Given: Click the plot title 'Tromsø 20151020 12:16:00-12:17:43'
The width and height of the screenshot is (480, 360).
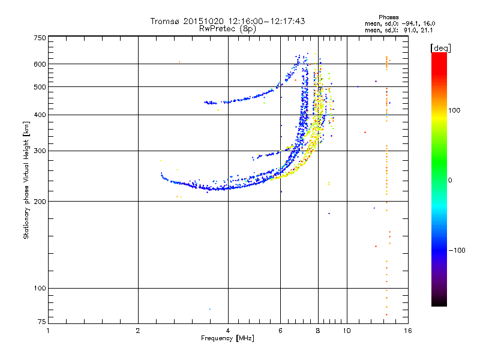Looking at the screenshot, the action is pyautogui.click(x=227, y=21).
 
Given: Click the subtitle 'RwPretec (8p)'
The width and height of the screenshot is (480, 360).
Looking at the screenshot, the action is pyautogui.click(x=227, y=29).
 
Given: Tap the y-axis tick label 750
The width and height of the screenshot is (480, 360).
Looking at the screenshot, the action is pyautogui.click(x=40, y=38).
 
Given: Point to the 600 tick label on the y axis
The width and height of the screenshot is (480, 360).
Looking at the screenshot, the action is pyautogui.click(x=40, y=64).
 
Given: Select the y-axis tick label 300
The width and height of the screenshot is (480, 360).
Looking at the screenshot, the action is pyautogui.click(x=40, y=151).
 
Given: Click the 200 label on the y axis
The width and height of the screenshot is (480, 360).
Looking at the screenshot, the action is pyautogui.click(x=40, y=202).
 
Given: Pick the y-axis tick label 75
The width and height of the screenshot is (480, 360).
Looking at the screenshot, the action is pyautogui.click(x=42, y=322).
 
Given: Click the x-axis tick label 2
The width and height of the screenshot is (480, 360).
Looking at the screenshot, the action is pyautogui.click(x=138, y=331).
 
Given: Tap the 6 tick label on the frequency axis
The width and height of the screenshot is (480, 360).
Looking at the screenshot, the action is pyautogui.click(x=280, y=331).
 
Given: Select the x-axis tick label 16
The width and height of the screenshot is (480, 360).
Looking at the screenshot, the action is pyautogui.click(x=408, y=331).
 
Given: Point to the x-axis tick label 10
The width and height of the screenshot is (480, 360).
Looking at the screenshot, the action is pyautogui.click(x=347, y=331).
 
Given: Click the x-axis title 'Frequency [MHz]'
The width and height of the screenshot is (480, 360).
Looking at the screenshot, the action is pyautogui.click(x=227, y=338).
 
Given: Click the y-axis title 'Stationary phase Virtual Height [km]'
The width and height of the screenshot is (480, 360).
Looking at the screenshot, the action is pyautogui.click(x=26, y=180).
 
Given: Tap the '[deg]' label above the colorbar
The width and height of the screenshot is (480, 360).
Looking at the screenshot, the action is pyautogui.click(x=441, y=49).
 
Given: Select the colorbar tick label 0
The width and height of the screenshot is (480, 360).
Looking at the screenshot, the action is pyautogui.click(x=450, y=181).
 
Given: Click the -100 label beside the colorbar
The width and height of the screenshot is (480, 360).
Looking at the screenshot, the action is pyautogui.click(x=457, y=250).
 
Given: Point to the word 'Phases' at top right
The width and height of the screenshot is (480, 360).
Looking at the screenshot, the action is pyautogui.click(x=388, y=17).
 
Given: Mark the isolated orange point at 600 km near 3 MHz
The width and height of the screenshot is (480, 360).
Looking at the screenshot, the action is pyautogui.click(x=179, y=62).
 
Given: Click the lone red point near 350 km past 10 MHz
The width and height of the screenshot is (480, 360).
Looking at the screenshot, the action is pyautogui.click(x=365, y=132).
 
